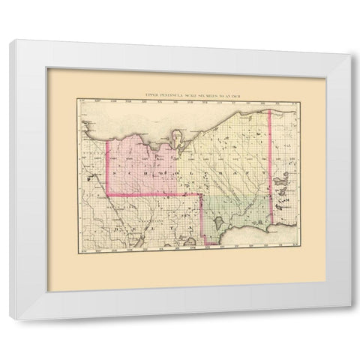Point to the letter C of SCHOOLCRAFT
click(x=128, y=172)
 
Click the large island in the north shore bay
click(x=177, y=139)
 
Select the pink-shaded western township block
click(x=142, y=161)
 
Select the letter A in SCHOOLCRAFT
click(x=223, y=172)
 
